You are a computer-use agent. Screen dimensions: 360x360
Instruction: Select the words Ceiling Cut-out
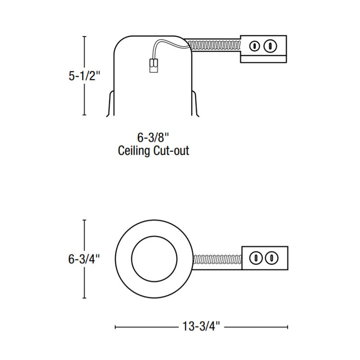click(153, 151)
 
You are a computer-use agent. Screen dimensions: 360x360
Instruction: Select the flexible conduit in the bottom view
click(217, 261)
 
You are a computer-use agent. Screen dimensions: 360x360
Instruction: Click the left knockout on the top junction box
click(253, 46)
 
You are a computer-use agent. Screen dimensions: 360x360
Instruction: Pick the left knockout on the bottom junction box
click(255, 257)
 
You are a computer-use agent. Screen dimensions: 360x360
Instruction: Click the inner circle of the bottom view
click(153, 259)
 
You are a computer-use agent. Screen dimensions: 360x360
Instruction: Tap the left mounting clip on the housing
click(110, 105)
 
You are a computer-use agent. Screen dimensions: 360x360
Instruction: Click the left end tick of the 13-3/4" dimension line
click(115, 327)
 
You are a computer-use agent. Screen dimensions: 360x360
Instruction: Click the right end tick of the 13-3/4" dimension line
click(287, 327)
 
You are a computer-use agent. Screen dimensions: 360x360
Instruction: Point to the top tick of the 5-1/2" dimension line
click(84, 37)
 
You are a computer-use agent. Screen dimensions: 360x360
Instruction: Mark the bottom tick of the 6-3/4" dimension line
click(84, 298)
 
